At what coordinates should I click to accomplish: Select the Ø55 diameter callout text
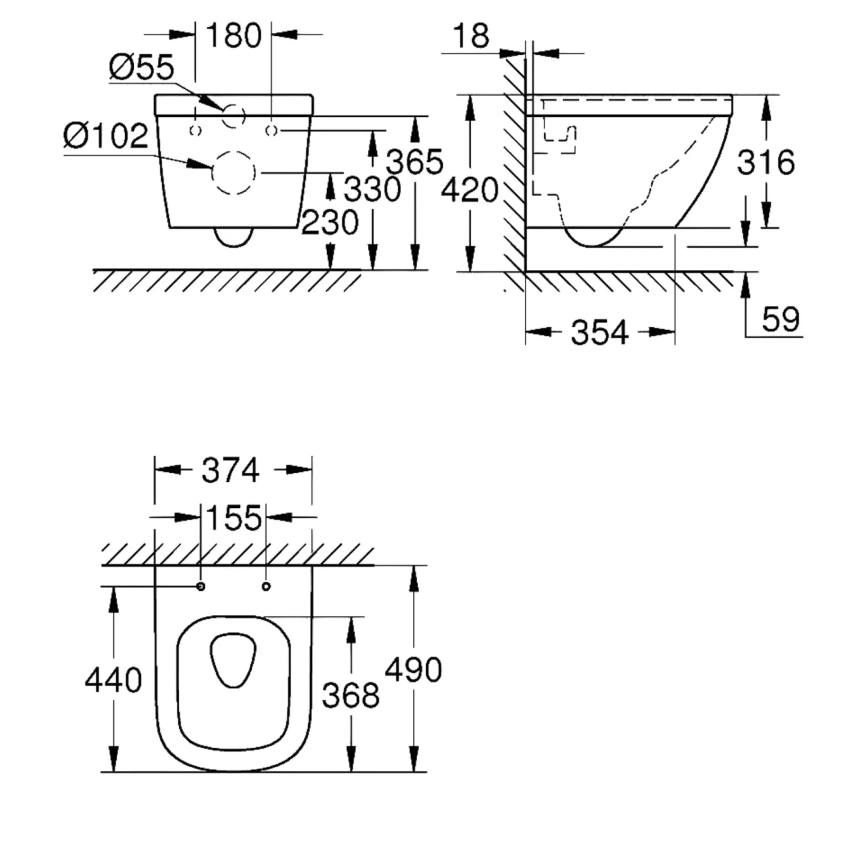141,67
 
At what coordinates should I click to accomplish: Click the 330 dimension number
373,189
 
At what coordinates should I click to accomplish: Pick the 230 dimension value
330,222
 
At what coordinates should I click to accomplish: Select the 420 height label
469,189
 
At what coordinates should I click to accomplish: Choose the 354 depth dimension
600,332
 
